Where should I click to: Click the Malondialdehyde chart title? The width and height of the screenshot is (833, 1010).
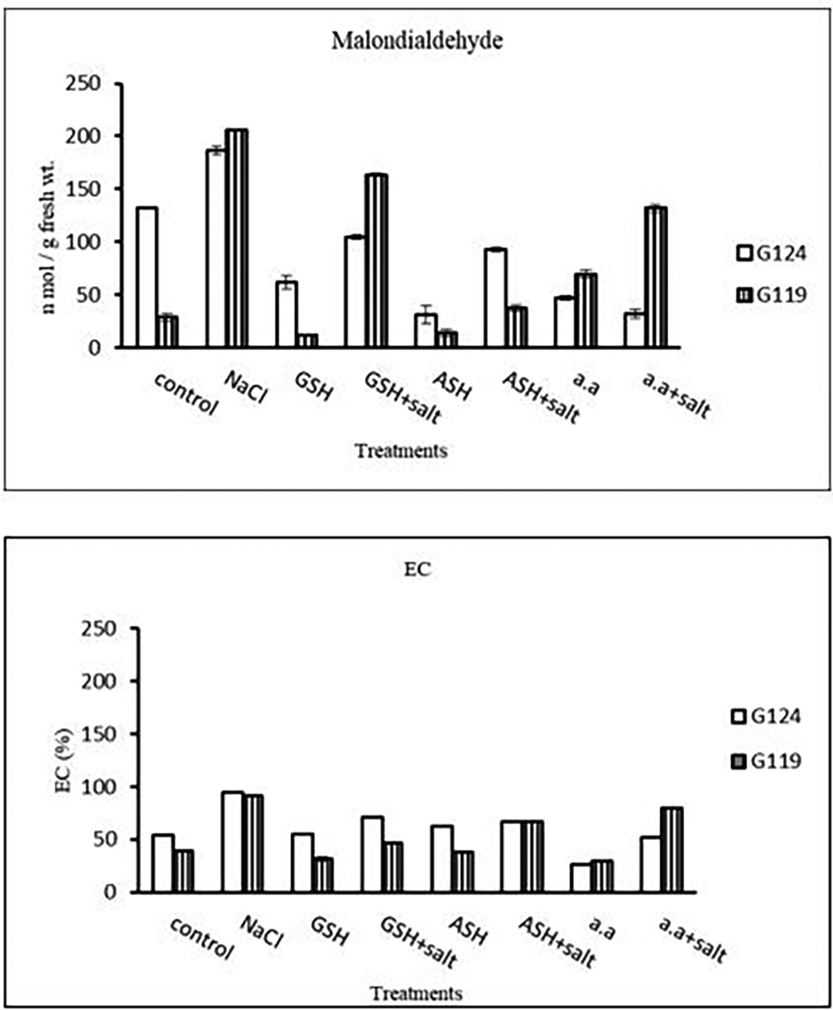click(x=417, y=41)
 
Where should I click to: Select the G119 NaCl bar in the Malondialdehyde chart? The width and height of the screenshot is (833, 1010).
click(x=236, y=238)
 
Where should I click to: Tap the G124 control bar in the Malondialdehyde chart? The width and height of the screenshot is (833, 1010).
click(x=147, y=277)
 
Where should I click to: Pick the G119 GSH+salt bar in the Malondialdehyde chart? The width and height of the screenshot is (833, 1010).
click(x=376, y=260)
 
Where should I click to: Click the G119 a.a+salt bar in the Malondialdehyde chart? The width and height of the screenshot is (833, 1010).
click(x=656, y=277)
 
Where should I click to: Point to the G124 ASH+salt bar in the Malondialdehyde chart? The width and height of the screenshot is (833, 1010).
click(x=495, y=298)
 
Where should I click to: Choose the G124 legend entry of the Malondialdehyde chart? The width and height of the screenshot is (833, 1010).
click(x=771, y=253)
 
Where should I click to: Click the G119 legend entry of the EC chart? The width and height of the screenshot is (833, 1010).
click(x=766, y=762)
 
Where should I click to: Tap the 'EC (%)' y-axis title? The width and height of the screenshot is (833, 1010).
click(x=63, y=760)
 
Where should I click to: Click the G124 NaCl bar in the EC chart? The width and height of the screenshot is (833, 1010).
click(x=233, y=841)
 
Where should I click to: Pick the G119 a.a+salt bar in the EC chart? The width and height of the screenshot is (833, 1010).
click(x=671, y=849)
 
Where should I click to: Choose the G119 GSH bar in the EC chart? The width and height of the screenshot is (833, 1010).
click(x=323, y=875)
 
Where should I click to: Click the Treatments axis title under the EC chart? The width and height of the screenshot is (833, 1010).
click(x=417, y=993)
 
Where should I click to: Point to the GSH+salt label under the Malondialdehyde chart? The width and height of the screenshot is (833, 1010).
click(x=403, y=398)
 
